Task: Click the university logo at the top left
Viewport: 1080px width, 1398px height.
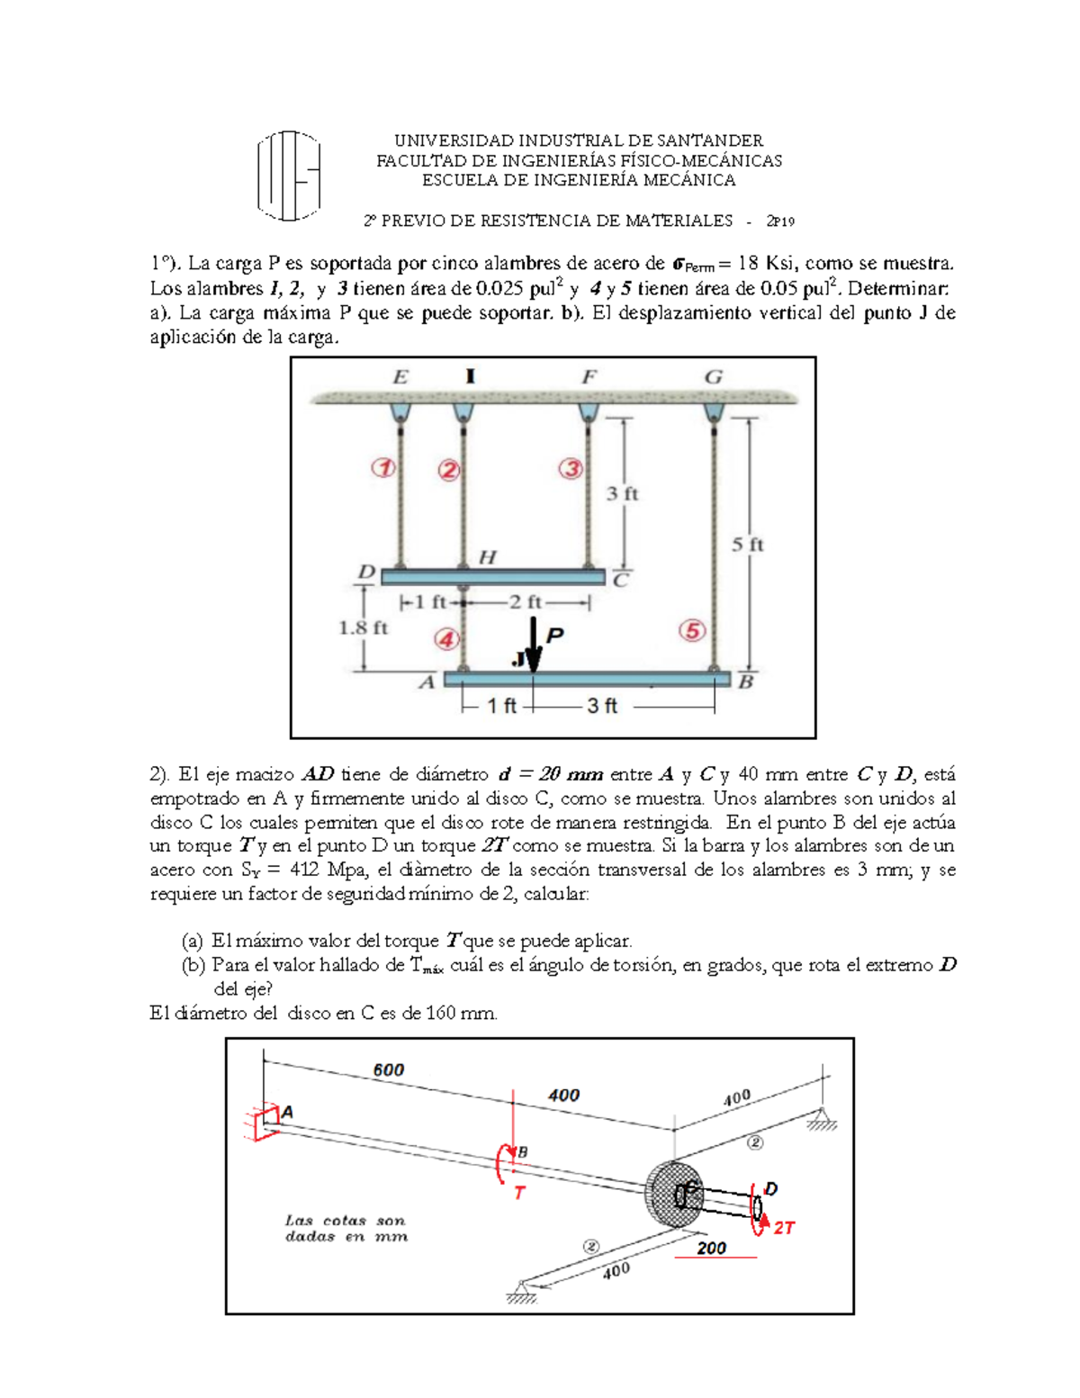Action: [x=288, y=176]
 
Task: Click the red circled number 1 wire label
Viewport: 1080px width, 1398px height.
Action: [x=384, y=468]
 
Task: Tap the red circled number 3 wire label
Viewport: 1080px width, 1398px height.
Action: [x=571, y=469]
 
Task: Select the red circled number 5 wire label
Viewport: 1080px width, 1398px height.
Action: [x=692, y=631]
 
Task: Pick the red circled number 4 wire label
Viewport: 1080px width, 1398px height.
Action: [x=447, y=640]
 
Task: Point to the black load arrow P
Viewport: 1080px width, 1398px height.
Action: [x=535, y=645]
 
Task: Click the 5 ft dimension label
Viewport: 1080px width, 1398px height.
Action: [x=747, y=545]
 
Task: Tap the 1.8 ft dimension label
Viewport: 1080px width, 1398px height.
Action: [x=363, y=627]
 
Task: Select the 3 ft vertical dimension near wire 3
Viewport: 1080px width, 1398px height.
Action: [x=622, y=493]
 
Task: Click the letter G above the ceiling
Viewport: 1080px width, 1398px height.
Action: [x=713, y=377]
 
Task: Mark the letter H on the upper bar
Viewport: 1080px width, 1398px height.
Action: [x=487, y=557]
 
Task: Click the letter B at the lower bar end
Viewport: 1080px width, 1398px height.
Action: [x=745, y=682]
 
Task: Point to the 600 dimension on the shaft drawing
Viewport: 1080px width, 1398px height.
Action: [x=389, y=1069]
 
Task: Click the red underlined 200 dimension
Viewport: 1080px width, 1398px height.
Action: [x=711, y=1248]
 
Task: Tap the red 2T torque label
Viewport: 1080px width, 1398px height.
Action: [x=783, y=1228]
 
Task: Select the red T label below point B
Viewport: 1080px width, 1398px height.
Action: [x=519, y=1193]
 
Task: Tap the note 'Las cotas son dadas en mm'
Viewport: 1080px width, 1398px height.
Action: [x=346, y=1229]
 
